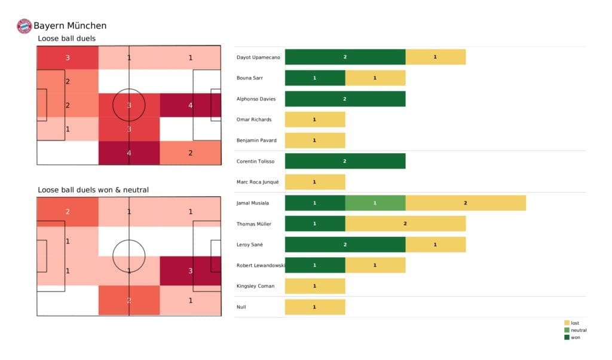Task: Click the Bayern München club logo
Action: [25, 26]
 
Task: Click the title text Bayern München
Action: [70, 26]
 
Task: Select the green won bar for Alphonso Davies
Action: [345, 99]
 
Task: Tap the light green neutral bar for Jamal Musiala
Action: [375, 203]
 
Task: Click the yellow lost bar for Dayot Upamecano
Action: [435, 57]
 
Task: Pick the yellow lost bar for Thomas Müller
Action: [405, 224]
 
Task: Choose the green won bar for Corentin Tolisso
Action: [345, 161]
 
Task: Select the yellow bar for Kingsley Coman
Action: [315, 286]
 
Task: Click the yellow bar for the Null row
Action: [315, 307]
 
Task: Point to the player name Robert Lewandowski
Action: [261, 265]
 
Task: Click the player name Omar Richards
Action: [255, 120]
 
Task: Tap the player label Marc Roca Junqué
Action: [258, 182]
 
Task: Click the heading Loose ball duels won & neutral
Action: [93, 190]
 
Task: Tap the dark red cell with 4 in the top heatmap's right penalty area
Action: [190, 105]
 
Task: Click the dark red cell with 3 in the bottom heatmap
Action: [190, 270]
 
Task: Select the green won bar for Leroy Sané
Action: [345, 244]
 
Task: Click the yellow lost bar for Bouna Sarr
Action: [375, 78]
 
